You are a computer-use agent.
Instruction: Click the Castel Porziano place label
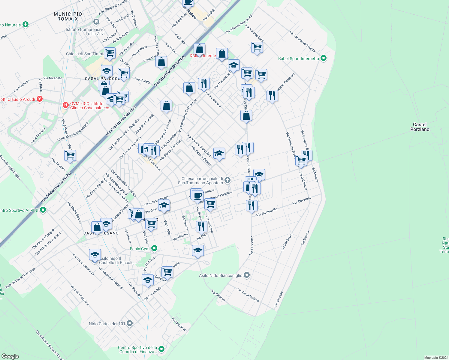[x=420, y=127]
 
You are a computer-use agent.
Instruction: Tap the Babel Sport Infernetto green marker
[x=324, y=58]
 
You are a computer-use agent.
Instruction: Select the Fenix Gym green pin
[x=154, y=248]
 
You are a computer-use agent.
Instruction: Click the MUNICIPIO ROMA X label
[x=68, y=16]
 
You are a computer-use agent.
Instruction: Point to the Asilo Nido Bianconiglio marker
[x=247, y=275]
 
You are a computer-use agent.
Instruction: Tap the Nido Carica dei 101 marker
[x=130, y=323]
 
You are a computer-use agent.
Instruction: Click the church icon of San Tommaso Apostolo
[x=228, y=180]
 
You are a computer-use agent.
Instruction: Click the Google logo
[x=10, y=356]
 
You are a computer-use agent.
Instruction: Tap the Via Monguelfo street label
[x=267, y=212]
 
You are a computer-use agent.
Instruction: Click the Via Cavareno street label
[x=302, y=200]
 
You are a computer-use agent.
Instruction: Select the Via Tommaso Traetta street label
[x=302, y=41]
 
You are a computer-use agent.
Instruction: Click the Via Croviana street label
[x=179, y=324]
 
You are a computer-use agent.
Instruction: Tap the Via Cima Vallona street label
[x=248, y=295]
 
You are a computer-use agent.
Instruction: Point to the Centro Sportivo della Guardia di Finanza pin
[x=161, y=349]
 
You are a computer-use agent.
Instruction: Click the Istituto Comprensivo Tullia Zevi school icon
[x=96, y=22]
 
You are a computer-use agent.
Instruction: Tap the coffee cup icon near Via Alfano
[x=197, y=196]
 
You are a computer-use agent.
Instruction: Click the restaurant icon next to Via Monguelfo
[x=252, y=205]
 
